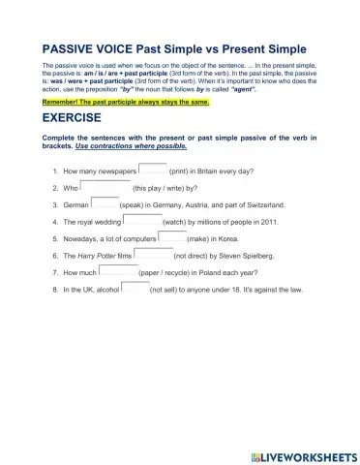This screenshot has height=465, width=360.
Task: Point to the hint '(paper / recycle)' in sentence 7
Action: (165, 273)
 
